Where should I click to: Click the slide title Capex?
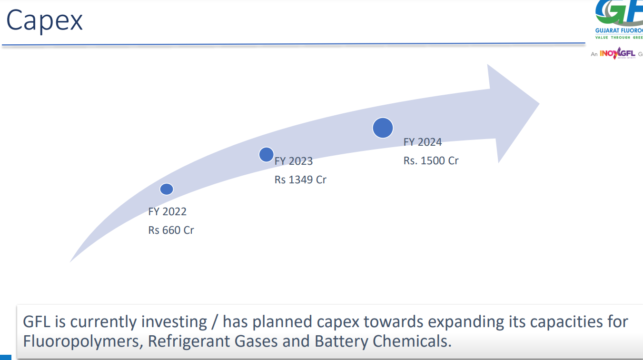click(44, 21)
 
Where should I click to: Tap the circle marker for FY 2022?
click(167, 189)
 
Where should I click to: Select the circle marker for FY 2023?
click(266, 154)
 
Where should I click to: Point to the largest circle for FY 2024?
click(383, 128)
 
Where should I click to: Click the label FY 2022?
click(168, 211)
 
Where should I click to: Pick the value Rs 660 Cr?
click(171, 230)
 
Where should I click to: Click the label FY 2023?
click(294, 161)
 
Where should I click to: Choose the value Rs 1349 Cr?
click(300, 180)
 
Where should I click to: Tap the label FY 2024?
click(423, 142)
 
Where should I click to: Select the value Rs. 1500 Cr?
click(431, 160)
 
